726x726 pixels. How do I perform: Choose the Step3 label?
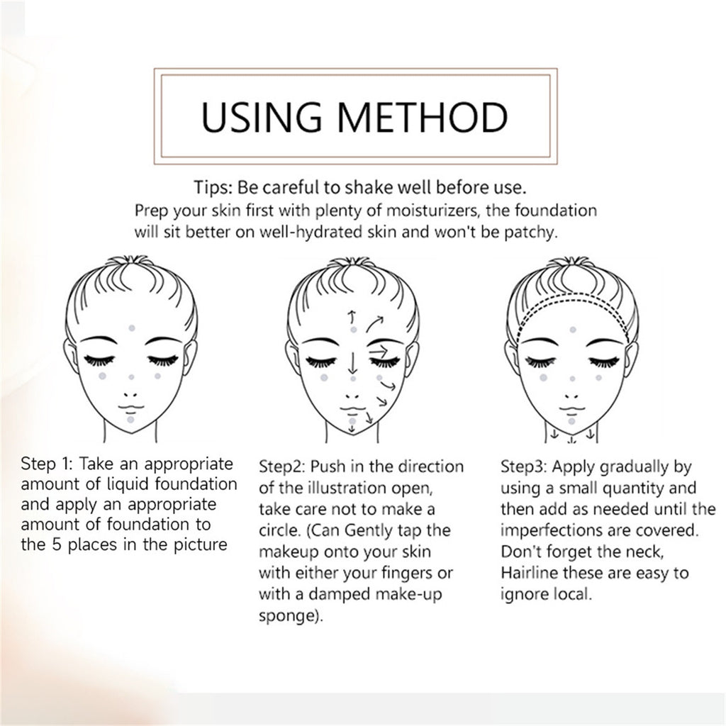coord(523,467)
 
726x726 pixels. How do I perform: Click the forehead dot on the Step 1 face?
coord(130,328)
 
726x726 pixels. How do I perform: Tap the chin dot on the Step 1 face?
coord(130,419)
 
